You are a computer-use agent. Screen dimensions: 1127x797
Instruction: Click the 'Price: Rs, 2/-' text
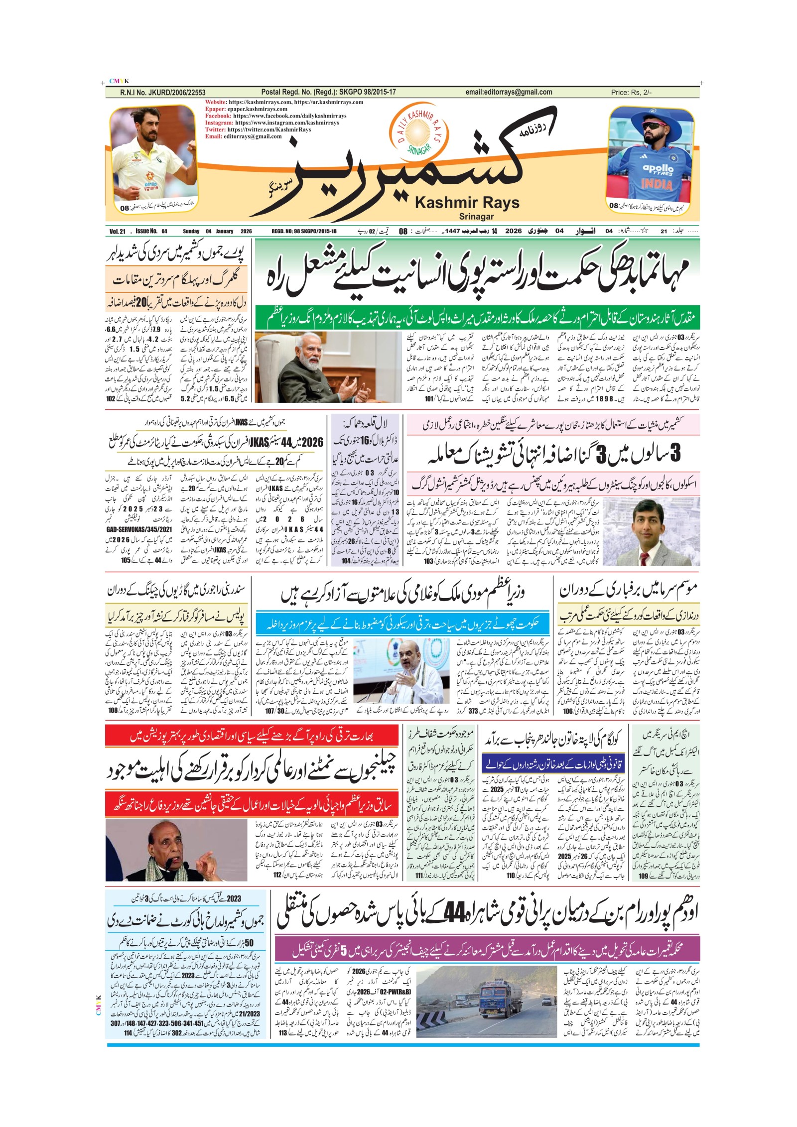click(631, 92)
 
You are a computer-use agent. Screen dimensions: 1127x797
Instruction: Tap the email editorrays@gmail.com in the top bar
click(509, 92)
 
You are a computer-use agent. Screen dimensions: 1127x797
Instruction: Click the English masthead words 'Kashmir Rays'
click(467, 203)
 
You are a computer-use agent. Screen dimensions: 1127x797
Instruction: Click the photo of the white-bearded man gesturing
click(328, 368)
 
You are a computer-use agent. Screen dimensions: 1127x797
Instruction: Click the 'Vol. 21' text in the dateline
click(118, 231)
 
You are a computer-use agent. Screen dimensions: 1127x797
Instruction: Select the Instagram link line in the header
click(272, 123)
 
